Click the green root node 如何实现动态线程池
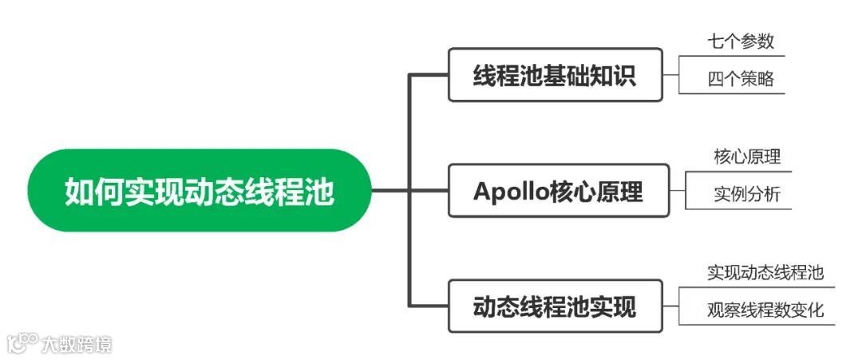point(200,191)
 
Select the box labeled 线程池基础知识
point(555,76)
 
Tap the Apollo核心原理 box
point(558,191)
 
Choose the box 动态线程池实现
point(555,306)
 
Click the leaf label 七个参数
point(740,41)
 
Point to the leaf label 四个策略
point(740,79)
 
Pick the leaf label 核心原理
point(747,156)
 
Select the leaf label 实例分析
point(747,195)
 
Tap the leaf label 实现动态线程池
point(765,272)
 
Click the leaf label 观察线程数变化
point(765,311)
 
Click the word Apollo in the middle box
point(508,192)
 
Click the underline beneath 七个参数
point(732,56)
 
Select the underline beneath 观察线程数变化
point(757,325)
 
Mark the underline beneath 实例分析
point(738,209)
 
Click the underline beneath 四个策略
point(732,93)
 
